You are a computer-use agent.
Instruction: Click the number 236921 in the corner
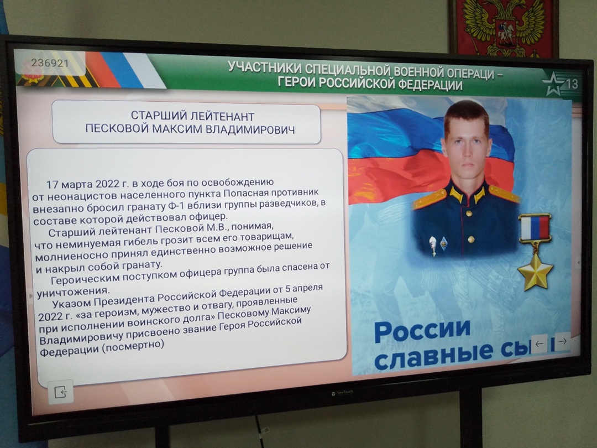click(x=50, y=63)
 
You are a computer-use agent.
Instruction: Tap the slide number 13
click(x=572, y=84)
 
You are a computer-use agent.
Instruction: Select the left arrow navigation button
click(x=539, y=343)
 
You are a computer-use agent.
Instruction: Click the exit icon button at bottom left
click(x=61, y=392)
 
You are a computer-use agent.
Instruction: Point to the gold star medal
click(x=535, y=271)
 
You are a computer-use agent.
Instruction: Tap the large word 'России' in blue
click(x=422, y=331)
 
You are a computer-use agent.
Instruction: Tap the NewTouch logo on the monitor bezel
click(x=342, y=392)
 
